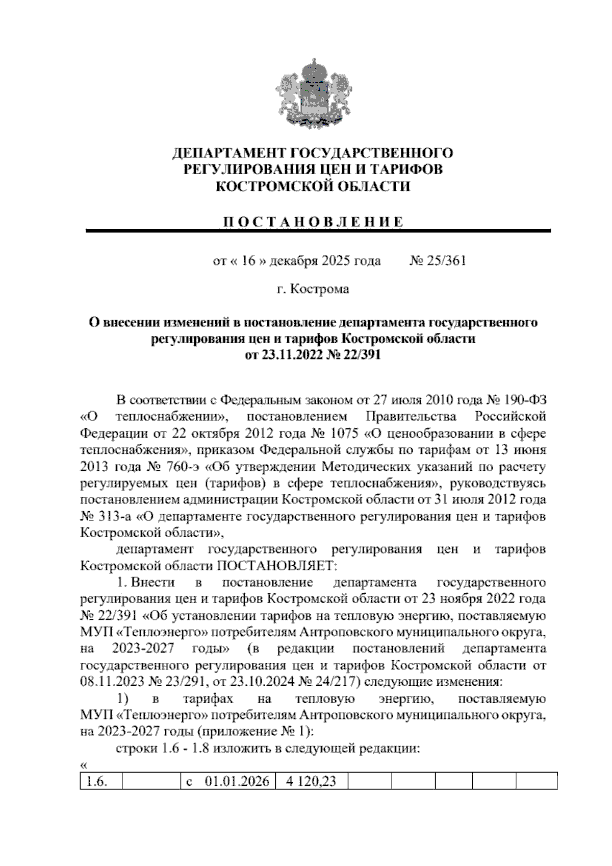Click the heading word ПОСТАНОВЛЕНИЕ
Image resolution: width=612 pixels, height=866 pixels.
[x=312, y=222]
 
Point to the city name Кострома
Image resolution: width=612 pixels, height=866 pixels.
[x=319, y=289]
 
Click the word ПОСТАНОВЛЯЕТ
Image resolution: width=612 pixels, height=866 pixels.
[x=277, y=566]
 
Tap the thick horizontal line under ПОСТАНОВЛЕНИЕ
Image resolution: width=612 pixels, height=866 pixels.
[x=319, y=231]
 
